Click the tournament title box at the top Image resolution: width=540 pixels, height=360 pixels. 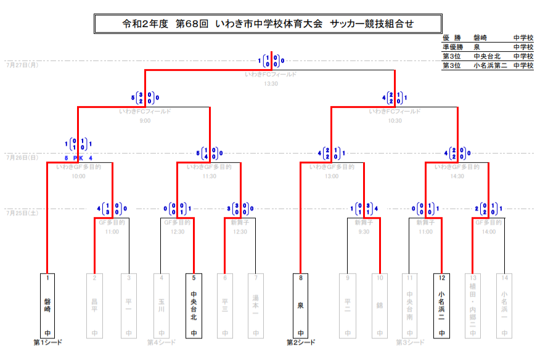click(x=268, y=24)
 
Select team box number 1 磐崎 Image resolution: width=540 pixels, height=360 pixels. click(x=47, y=306)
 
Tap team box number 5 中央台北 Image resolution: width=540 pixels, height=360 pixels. click(x=194, y=306)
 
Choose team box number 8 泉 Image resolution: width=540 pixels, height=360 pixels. click(x=300, y=306)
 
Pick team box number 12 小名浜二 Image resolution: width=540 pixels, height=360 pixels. click(x=441, y=306)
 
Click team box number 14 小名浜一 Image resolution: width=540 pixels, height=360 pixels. click(x=504, y=306)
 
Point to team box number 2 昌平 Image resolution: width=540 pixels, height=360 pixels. click(x=95, y=306)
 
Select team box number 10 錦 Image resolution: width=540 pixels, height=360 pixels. click(x=379, y=306)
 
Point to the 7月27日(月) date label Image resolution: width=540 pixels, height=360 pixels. click(x=22, y=64)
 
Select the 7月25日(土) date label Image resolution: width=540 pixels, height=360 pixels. click(x=22, y=213)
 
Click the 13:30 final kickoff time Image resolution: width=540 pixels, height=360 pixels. click(x=271, y=83)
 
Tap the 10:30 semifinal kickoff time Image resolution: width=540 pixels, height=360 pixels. click(x=395, y=121)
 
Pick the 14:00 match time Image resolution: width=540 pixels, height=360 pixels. click(x=489, y=232)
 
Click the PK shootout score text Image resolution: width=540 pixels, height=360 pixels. click(x=78, y=158)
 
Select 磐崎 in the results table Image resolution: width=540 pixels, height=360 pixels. click(x=481, y=38)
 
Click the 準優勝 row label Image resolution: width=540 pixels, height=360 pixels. click(x=453, y=47)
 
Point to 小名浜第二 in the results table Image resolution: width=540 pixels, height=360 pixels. click(x=490, y=65)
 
